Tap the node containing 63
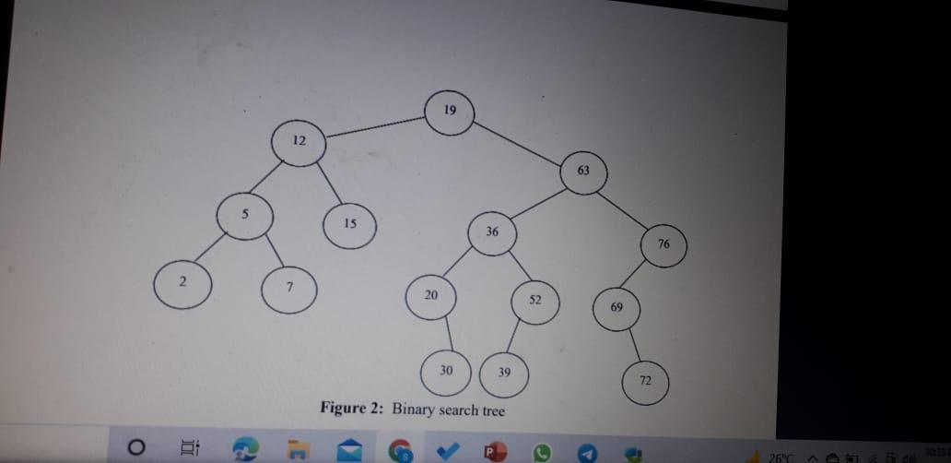click(583, 172)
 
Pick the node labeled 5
click(245, 217)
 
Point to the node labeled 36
click(492, 233)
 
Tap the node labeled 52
click(535, 301)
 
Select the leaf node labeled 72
click(645, 382)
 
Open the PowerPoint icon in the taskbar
click(494, 451)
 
